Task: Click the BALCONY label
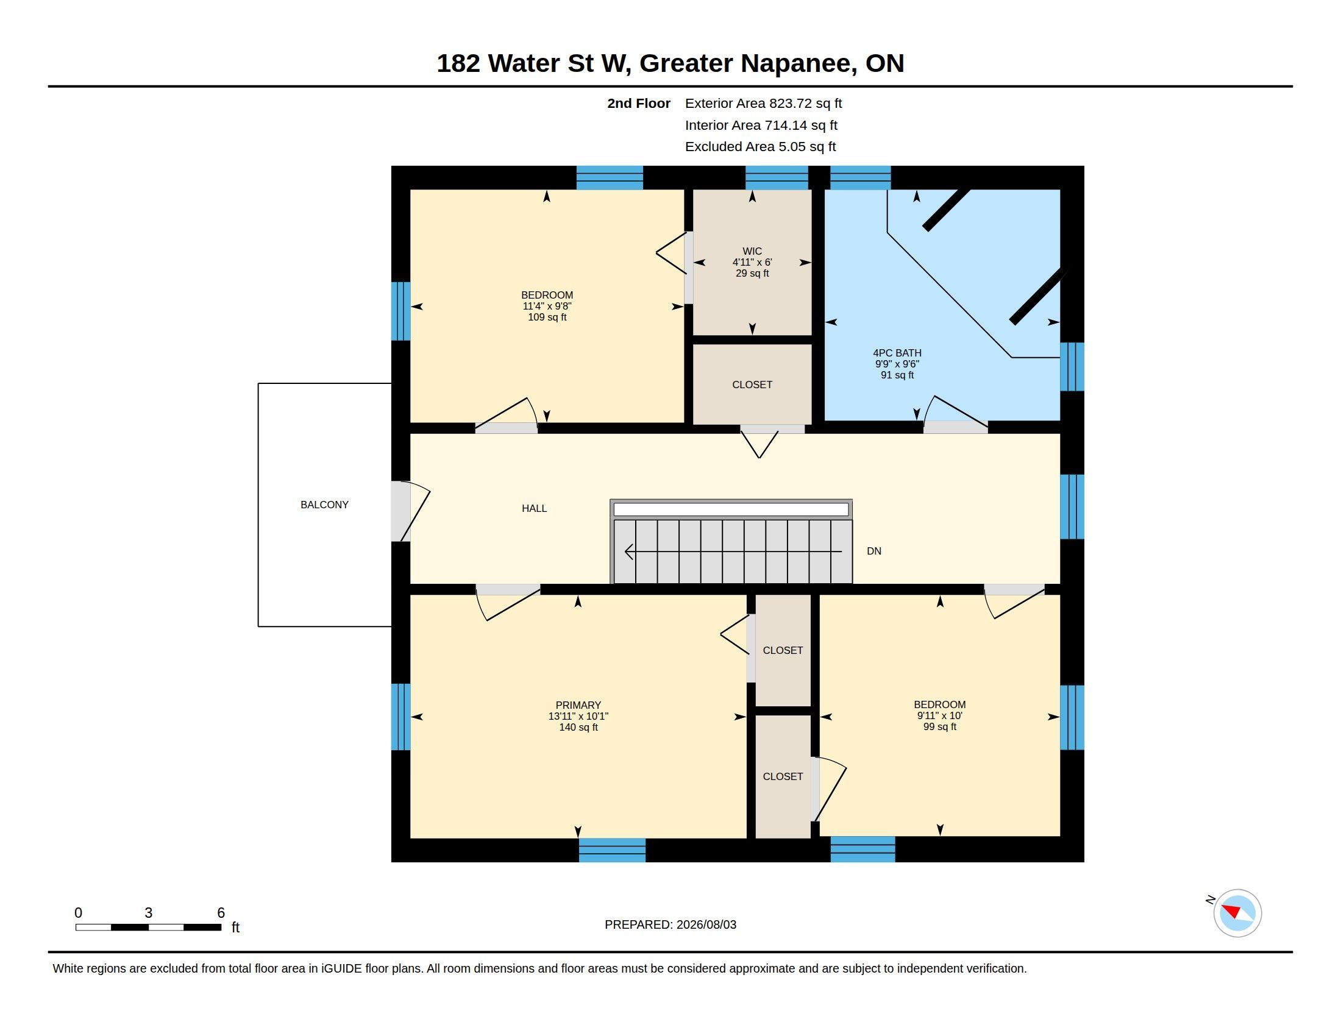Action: (x=324, y=505)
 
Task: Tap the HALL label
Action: (x=534, y=508)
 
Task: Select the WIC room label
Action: (x=752, y=251)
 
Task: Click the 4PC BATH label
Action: (x=897, y=353)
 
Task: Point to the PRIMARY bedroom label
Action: (x=578, y=705)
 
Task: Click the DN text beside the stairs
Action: (x=873, y=551)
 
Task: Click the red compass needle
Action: (x=1232, y=910)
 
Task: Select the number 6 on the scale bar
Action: (x=221, y=913)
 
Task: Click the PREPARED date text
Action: (x=670, y=924)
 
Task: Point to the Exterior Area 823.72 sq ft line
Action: (x=763, y=103)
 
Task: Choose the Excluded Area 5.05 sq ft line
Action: (x=760, y=146)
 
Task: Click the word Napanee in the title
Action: (x=799, y=63)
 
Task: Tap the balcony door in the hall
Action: (x=410, y=511)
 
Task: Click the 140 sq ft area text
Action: (x=578, y=727)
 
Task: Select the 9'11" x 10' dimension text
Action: (x=939, y=715)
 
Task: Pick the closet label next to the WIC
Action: (x=752, y=385)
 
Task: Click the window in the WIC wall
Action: (x=776, y=177)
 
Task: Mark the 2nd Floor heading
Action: (x=639, y=103)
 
